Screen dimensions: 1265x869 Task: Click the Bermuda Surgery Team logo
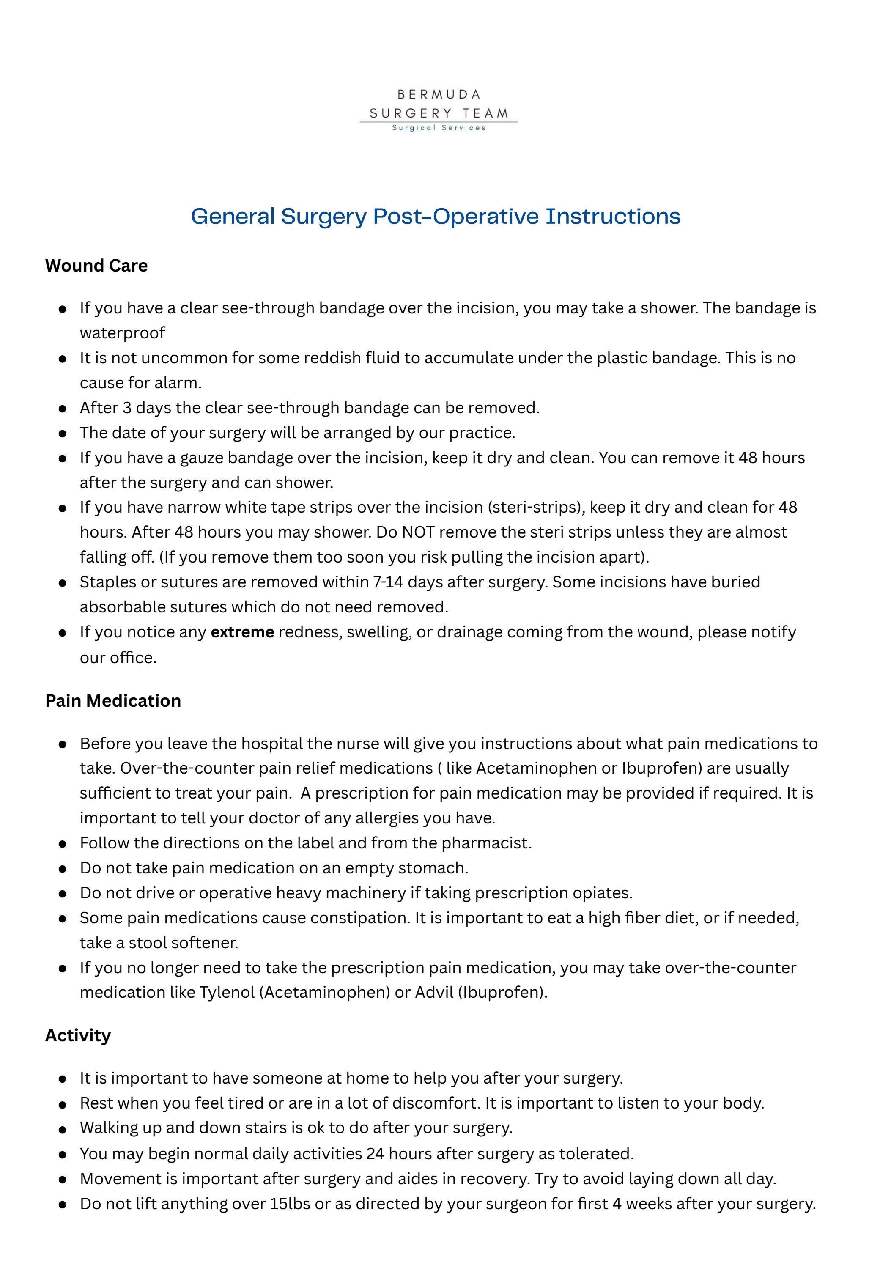click(439, 110)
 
